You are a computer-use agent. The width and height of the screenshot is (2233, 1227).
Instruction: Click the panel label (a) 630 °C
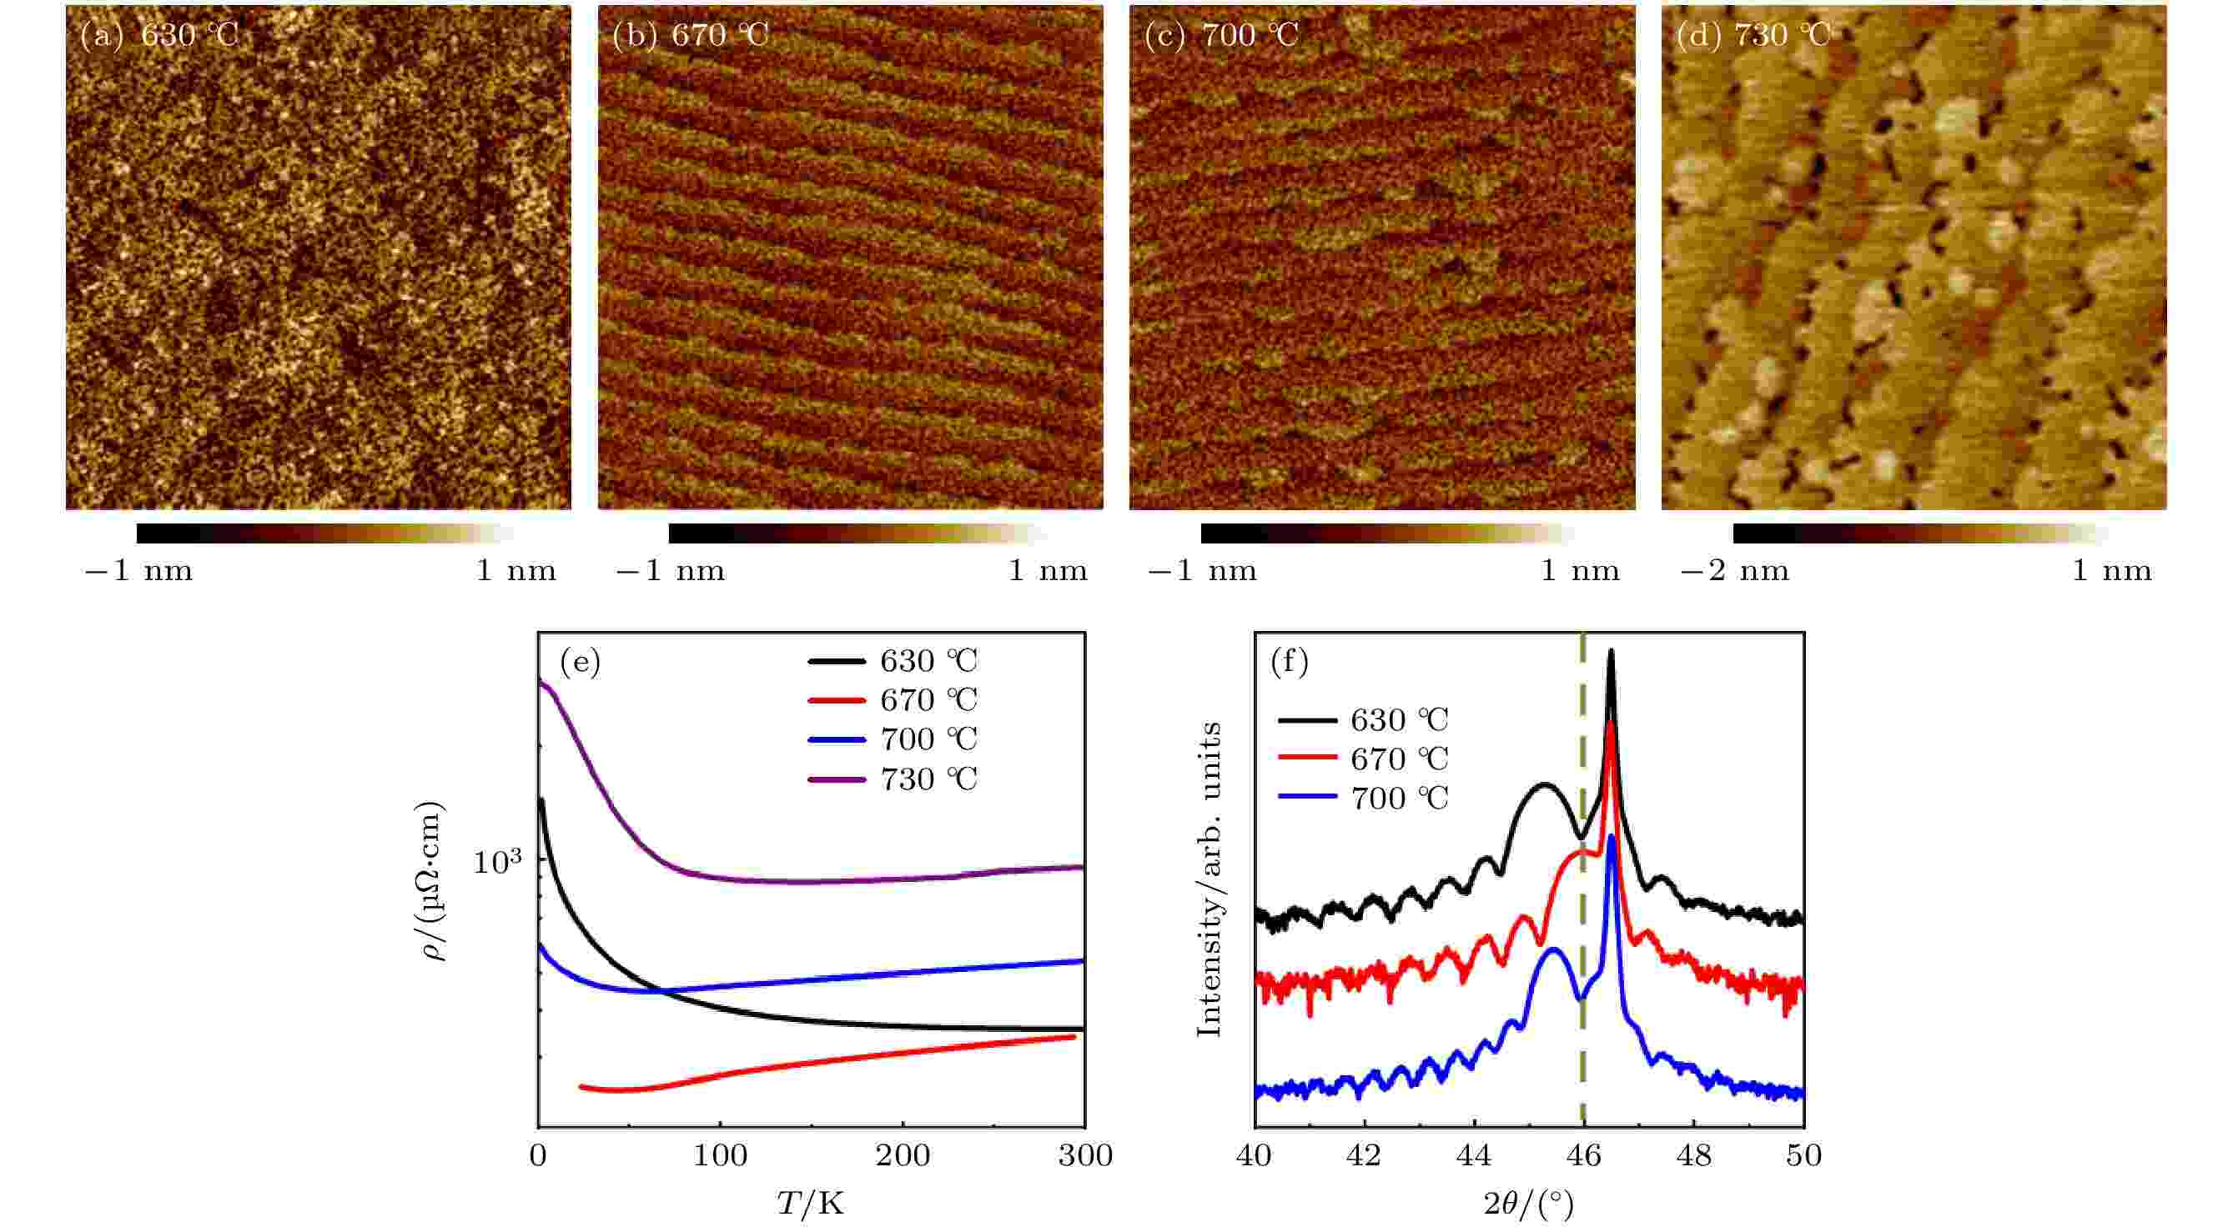tap(158, 36)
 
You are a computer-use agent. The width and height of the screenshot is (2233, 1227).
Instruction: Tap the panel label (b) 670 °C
tap(691, 36)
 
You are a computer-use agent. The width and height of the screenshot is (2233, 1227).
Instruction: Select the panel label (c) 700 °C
tap(1222, 36)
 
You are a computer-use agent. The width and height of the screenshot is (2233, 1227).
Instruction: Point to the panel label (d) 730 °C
tap(1754, 36)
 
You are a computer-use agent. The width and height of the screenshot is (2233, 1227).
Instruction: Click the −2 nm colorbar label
tap(1735, 571)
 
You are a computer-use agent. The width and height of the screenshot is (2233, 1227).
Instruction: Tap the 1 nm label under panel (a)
tap(516, 571)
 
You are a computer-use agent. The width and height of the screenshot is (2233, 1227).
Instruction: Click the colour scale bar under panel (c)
tap(1387, 533)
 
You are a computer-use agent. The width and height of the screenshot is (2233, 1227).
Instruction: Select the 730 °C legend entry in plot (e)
tap(893, 779)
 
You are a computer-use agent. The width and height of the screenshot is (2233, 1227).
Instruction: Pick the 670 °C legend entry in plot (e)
tap(893, 699)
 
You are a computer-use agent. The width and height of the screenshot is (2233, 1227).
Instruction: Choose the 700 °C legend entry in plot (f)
tap(1364, 797)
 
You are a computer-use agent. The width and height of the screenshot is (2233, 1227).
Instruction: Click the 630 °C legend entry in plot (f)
tap(1364, 719)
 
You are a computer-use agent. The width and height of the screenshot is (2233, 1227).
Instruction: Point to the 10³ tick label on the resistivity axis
tap(499, 861)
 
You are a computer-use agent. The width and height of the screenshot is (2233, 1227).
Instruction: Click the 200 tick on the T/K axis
tap(903, 1155)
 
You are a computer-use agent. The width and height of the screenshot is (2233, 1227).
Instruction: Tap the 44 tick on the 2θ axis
tap(1475, 1155)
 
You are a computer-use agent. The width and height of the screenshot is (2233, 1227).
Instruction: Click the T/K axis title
tap(811, 1202)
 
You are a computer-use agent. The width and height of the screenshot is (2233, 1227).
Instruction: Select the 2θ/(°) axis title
tap(1528, 1204)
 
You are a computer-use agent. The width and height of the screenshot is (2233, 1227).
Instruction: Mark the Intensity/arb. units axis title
tap(1209, 879)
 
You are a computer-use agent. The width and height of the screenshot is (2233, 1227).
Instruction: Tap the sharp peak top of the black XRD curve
tap(1611, 652)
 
